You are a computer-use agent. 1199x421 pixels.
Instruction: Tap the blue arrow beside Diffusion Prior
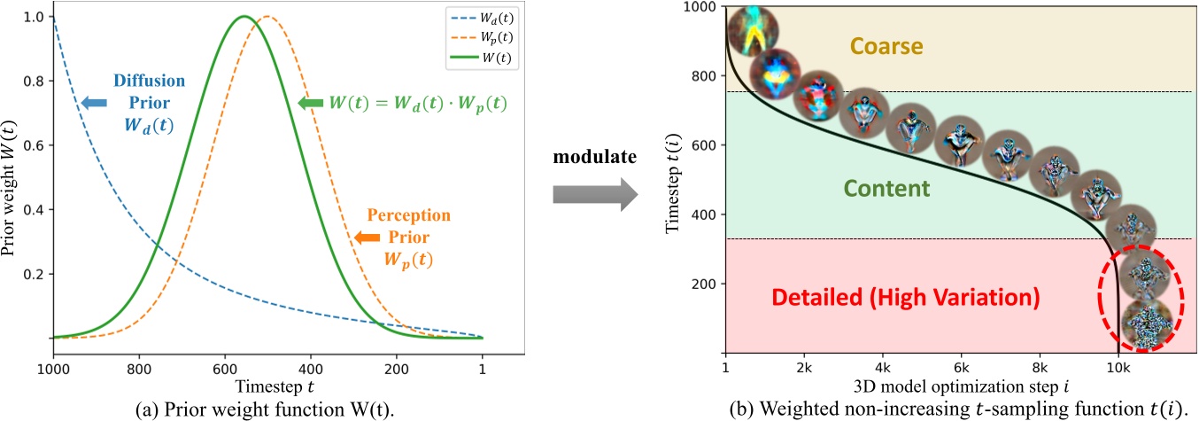pos(93,104)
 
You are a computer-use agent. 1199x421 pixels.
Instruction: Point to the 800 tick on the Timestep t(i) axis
pos(705,76)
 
